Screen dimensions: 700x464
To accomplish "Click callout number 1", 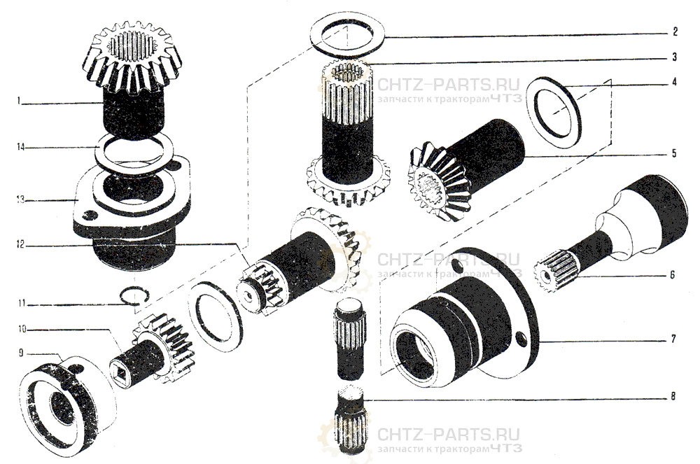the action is tap(18, 101).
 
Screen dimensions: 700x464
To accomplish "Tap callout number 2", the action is tap(675, 31).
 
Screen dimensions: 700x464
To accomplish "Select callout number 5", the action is tap(674, 153).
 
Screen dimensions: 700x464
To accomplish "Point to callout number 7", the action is tap(673, 339).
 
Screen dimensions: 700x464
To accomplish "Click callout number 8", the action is tap(673, 395).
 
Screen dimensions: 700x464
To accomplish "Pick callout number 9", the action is tap(21, 353).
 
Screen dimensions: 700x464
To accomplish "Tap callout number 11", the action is tap(22, 304).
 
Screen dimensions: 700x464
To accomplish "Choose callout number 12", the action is tap(20, 244).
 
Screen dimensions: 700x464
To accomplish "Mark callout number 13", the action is tap(20, 199).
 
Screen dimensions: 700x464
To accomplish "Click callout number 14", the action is tap(21, 147).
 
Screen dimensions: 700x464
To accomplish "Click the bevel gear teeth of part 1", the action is tap(132, 56).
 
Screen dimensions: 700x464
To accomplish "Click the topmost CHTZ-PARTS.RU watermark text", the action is tap(448, 84).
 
